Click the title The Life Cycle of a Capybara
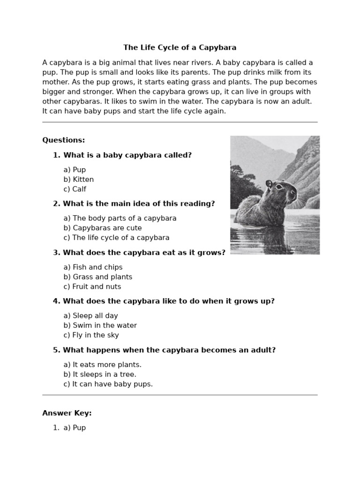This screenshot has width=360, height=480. point(180,47)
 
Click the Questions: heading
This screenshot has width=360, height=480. point(64,140)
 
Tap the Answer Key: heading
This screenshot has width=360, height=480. point(67,413)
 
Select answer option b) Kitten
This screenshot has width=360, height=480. point(78,180)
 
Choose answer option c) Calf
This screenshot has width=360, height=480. point(75,189)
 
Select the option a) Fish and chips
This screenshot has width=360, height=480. point(93,267)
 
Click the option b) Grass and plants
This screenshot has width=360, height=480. point(97,277)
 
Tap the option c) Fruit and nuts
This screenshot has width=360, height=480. point(92,287)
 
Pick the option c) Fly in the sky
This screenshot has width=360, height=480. point(91,335)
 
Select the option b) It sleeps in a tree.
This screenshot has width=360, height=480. point(100,375)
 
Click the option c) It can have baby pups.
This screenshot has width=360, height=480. point(108,384)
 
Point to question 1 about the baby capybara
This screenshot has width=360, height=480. point(127,155)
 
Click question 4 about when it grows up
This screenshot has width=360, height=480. point(168,301)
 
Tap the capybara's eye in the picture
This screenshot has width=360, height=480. point(280,187)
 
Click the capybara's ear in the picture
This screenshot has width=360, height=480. point(269,184)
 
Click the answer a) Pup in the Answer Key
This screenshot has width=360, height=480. point(75,427)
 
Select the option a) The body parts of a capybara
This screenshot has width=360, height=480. point(120,218)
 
